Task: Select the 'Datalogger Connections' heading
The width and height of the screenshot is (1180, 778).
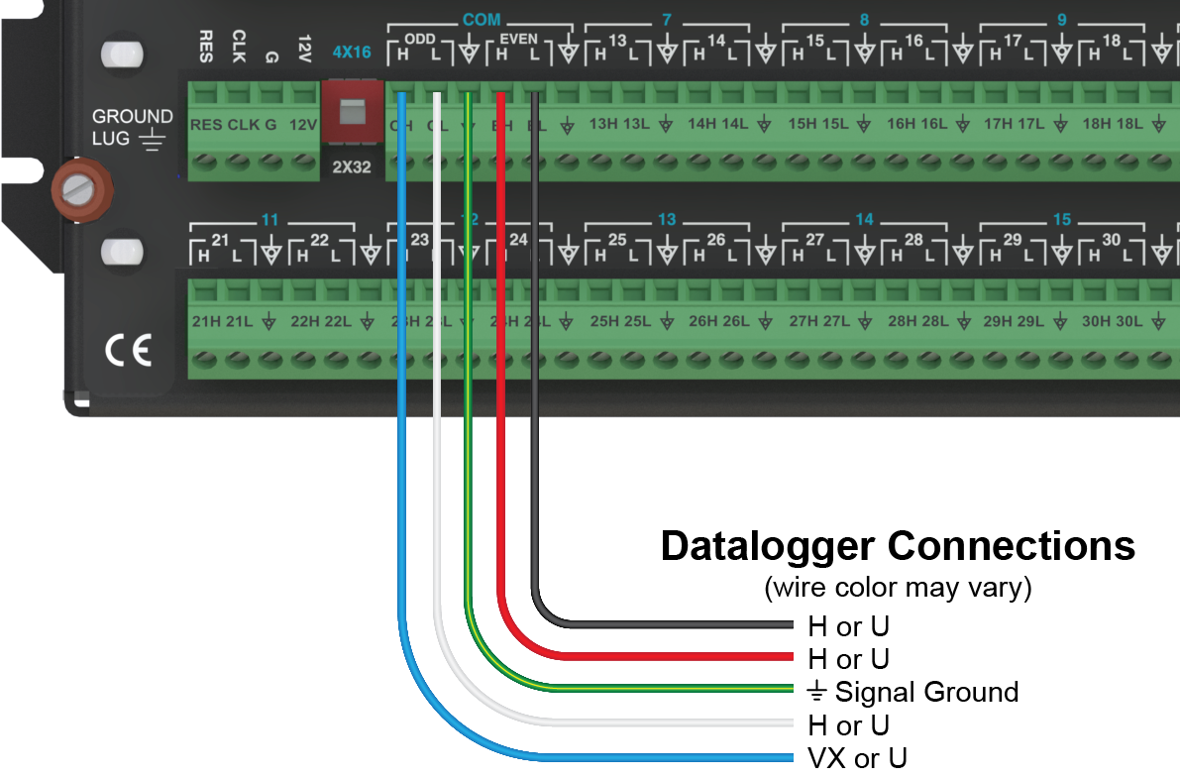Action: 898,546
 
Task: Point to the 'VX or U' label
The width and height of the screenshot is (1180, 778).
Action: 857,759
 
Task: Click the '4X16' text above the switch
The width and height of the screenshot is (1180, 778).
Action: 351,52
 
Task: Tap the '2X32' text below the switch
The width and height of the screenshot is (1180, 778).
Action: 351,167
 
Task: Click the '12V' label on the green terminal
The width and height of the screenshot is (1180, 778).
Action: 302,125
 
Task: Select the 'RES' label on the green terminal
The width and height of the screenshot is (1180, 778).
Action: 206,125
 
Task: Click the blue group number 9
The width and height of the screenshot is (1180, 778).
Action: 1061,20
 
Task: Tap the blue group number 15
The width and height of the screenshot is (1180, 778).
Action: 1061,219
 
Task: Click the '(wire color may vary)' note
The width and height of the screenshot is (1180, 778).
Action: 898,588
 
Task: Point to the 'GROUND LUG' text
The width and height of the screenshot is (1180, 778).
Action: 132,128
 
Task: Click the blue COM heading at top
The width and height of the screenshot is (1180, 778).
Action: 482,20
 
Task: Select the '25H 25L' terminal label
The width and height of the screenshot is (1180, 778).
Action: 620,321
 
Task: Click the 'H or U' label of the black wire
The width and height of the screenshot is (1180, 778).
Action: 849,626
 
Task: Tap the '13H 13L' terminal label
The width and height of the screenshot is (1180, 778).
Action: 620,125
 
